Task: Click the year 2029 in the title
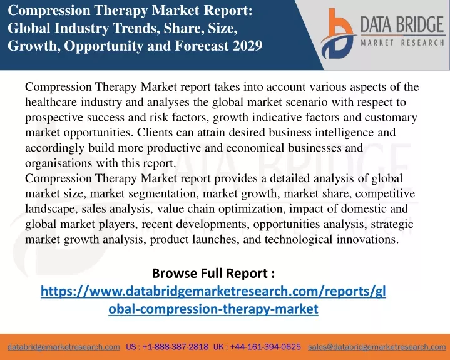247,46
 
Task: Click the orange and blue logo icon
339,34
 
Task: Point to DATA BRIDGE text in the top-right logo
402,24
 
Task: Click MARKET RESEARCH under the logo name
402,43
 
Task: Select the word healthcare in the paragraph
51,102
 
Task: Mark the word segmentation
163,194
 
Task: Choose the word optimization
252,209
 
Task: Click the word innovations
367,239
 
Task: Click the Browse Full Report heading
213,273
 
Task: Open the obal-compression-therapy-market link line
213,309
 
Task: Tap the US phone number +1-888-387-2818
175,347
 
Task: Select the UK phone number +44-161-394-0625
265,347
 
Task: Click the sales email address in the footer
377,347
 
